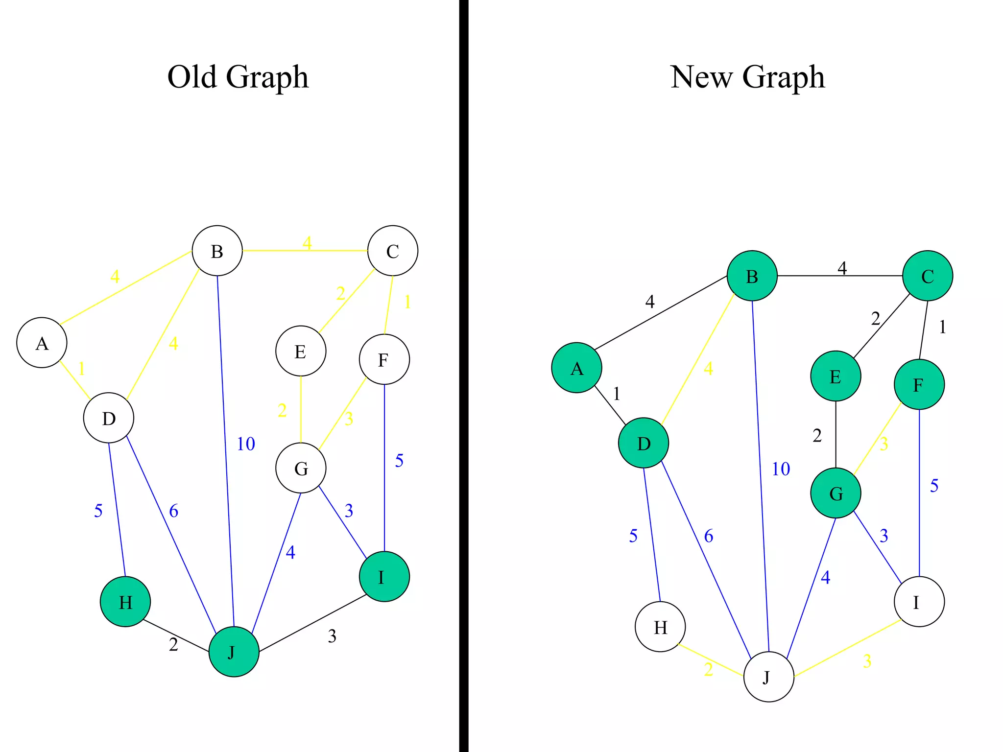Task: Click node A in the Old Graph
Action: (42, 343)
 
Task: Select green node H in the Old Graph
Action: (125, 602)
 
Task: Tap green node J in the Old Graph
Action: (234, 652)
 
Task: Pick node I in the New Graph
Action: (919, 602)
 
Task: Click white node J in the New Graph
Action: (768, 677)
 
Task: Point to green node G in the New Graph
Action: (836, 493)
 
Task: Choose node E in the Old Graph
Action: (301, 351)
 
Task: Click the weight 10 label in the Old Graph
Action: (246, 444)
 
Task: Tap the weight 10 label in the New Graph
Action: (781, 469)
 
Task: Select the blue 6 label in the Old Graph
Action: (174, 511)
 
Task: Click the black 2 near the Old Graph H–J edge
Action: (173, 645)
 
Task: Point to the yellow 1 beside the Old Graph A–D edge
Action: (82, 368)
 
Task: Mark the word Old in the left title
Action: (192, 77)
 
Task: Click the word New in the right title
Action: (701, 77)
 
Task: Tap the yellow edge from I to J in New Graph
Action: (847, 649)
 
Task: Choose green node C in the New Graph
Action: (928, 276)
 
